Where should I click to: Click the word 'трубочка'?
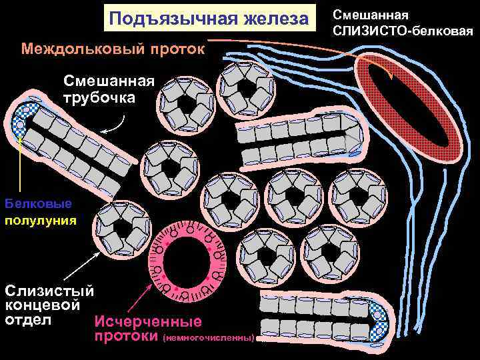(99, 97)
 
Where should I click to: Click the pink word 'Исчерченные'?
(148, 322)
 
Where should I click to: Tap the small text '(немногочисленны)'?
(208, 338)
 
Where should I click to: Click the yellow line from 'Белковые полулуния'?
(23, 167)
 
